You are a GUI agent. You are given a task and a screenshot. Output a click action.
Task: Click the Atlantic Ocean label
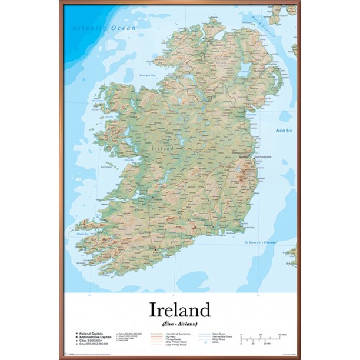point(104,28)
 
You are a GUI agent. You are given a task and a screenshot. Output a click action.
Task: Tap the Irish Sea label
point(285,131)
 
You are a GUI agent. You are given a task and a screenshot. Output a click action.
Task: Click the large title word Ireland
point(180,309)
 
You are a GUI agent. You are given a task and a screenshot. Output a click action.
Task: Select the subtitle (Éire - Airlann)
point(180,324)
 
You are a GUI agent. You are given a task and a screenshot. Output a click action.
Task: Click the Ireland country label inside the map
point(163,148)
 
